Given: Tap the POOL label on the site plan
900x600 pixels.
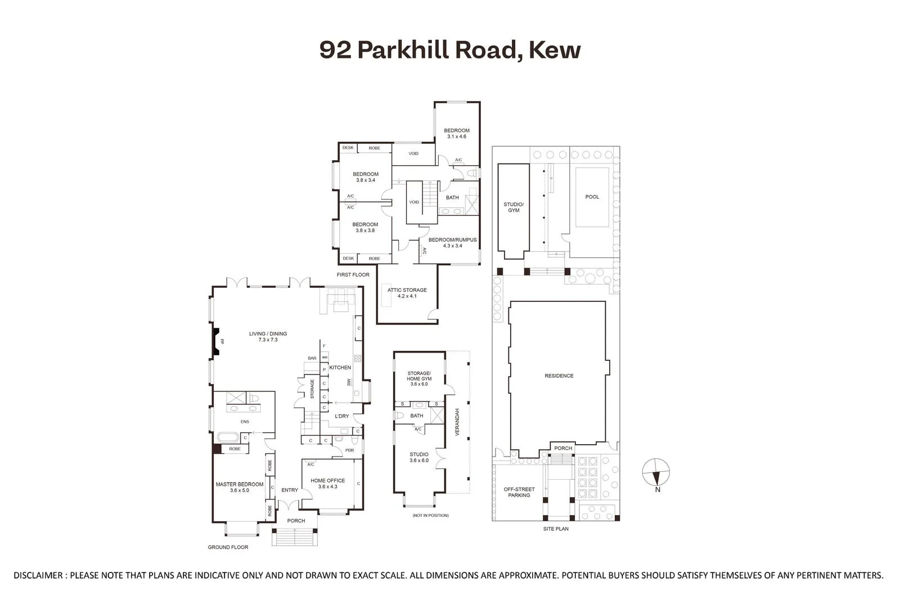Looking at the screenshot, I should [x=592, y=197].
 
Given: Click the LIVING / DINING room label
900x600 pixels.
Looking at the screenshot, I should [x=268, y=337].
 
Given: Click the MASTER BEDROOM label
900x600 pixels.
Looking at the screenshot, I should [x=240, y=487].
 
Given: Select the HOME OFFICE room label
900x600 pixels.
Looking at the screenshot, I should [x=327, y=484].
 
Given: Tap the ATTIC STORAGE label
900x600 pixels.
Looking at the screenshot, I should [x=407, y=293].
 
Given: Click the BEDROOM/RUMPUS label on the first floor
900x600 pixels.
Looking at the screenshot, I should [x=452, y=242].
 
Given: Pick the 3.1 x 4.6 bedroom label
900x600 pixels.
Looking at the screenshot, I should [x=456, y=134].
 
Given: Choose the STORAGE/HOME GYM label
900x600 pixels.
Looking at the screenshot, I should [x=418, y=378].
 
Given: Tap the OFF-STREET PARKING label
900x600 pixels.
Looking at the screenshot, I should [x=519, y=492].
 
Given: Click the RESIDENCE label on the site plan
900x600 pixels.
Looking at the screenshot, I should [x=559, y=376].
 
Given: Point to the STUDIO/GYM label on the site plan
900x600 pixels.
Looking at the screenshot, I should [x=513, y=207].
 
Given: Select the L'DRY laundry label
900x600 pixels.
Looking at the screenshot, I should [x=341, y=416].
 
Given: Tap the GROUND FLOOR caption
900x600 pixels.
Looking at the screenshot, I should [x=228, y=547].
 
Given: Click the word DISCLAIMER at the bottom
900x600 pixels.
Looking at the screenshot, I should [x=38, y=575].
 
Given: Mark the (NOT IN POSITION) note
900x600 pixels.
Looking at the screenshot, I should [x=430, y=516].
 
